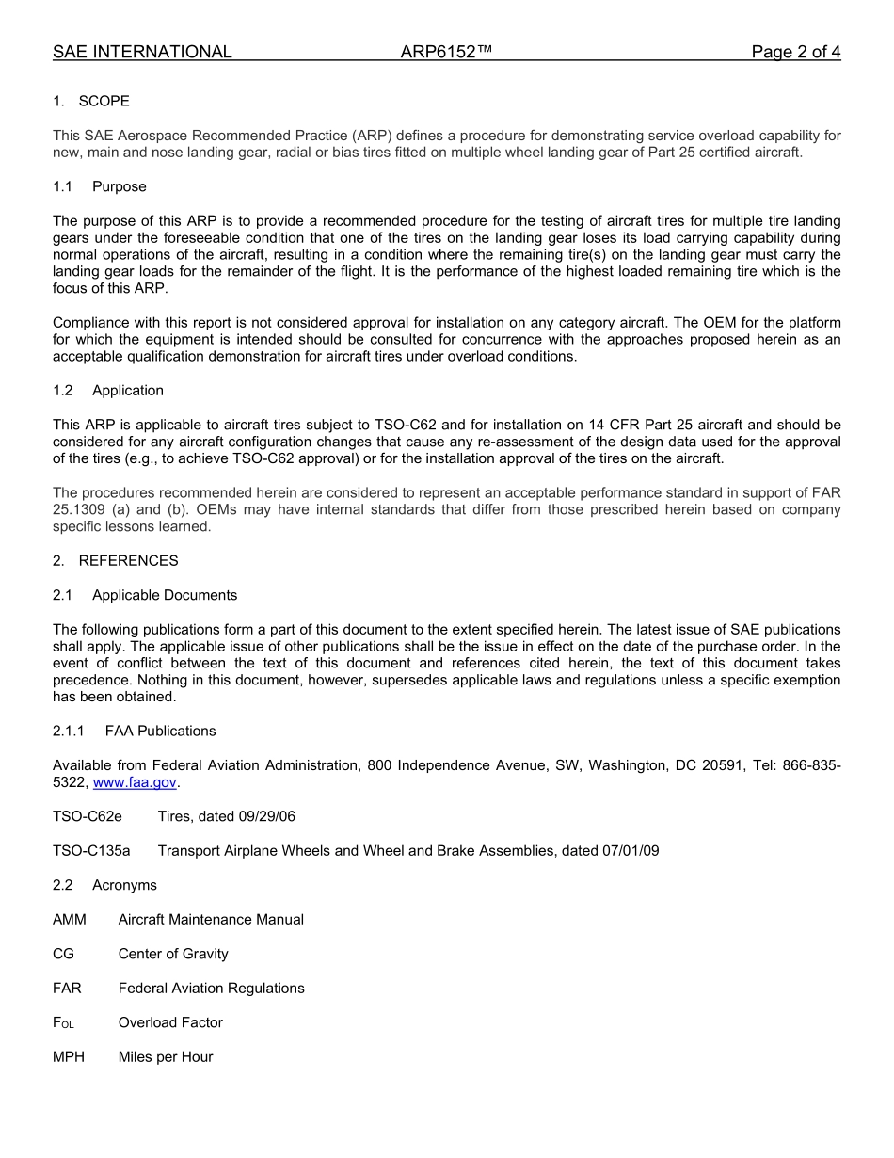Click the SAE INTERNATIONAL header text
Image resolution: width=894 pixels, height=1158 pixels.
pos(142,52)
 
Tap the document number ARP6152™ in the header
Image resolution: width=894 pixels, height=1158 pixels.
pos(446,52)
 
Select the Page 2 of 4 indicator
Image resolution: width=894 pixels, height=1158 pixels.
pos(795,52)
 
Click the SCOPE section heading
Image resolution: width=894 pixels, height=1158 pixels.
pos(104,101)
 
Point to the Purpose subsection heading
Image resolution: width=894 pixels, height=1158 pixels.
pos(120,186)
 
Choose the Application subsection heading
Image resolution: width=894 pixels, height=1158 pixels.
pos(128,390)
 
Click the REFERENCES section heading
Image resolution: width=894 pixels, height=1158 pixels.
pos(128,560)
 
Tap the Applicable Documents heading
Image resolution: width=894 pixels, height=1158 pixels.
pos(165,595)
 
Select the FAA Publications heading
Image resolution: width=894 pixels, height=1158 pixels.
pos(161,731)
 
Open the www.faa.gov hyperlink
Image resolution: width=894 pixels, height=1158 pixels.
pos(135,782)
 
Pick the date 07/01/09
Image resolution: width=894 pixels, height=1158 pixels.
pos(631,851)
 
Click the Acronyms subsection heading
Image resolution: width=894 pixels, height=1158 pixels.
pos(124,885)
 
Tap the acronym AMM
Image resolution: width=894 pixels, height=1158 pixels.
pos(70,919)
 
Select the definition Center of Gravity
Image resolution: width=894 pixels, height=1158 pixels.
pos(173,954)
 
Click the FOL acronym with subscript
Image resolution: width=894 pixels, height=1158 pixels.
pos(63,1022)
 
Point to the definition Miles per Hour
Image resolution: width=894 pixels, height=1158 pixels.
pos(166,1056)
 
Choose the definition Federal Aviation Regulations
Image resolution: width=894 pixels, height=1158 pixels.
pos(212,988)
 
